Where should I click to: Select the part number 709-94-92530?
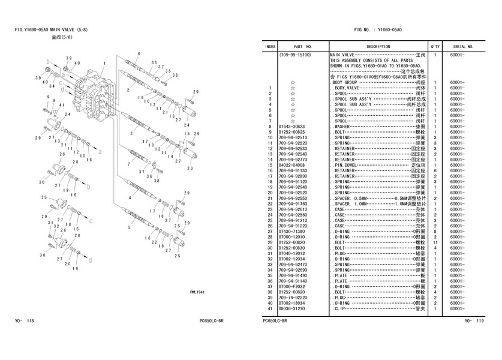[293, 148]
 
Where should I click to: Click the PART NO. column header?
[302, 46]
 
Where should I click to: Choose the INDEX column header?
[270, 46]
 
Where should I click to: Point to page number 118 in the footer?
[31, 321]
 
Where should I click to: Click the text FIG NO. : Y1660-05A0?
[378, 29]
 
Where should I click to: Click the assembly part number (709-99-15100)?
[294, 55]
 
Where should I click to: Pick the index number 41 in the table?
[270, 308]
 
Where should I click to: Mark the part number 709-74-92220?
[293, 297]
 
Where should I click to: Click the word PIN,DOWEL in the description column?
[347, 164]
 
